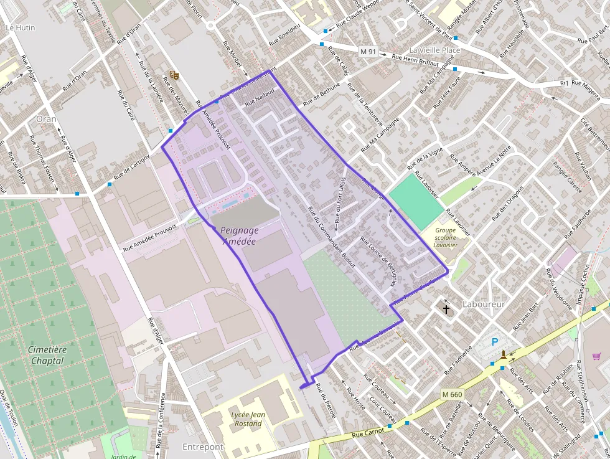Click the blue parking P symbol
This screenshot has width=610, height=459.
pos(495,341)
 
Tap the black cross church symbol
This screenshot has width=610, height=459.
pos(446,308)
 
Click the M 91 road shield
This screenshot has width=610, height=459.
pos(368,51)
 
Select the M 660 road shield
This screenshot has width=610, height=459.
pos(453,394)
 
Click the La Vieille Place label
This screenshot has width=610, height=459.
pos(434,50)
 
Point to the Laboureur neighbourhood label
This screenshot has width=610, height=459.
pos(484,304)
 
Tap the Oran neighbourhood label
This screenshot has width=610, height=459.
pos(46,118)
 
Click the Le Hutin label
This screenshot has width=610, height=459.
pos(21,28)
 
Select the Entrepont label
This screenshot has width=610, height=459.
pos(202,447)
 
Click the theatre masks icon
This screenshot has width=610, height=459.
pos(175,75)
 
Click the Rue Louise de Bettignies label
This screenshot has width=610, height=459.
pos(378,260)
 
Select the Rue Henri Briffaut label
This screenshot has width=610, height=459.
pos(416,60)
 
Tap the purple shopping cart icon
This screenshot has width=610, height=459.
pos(596,356)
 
